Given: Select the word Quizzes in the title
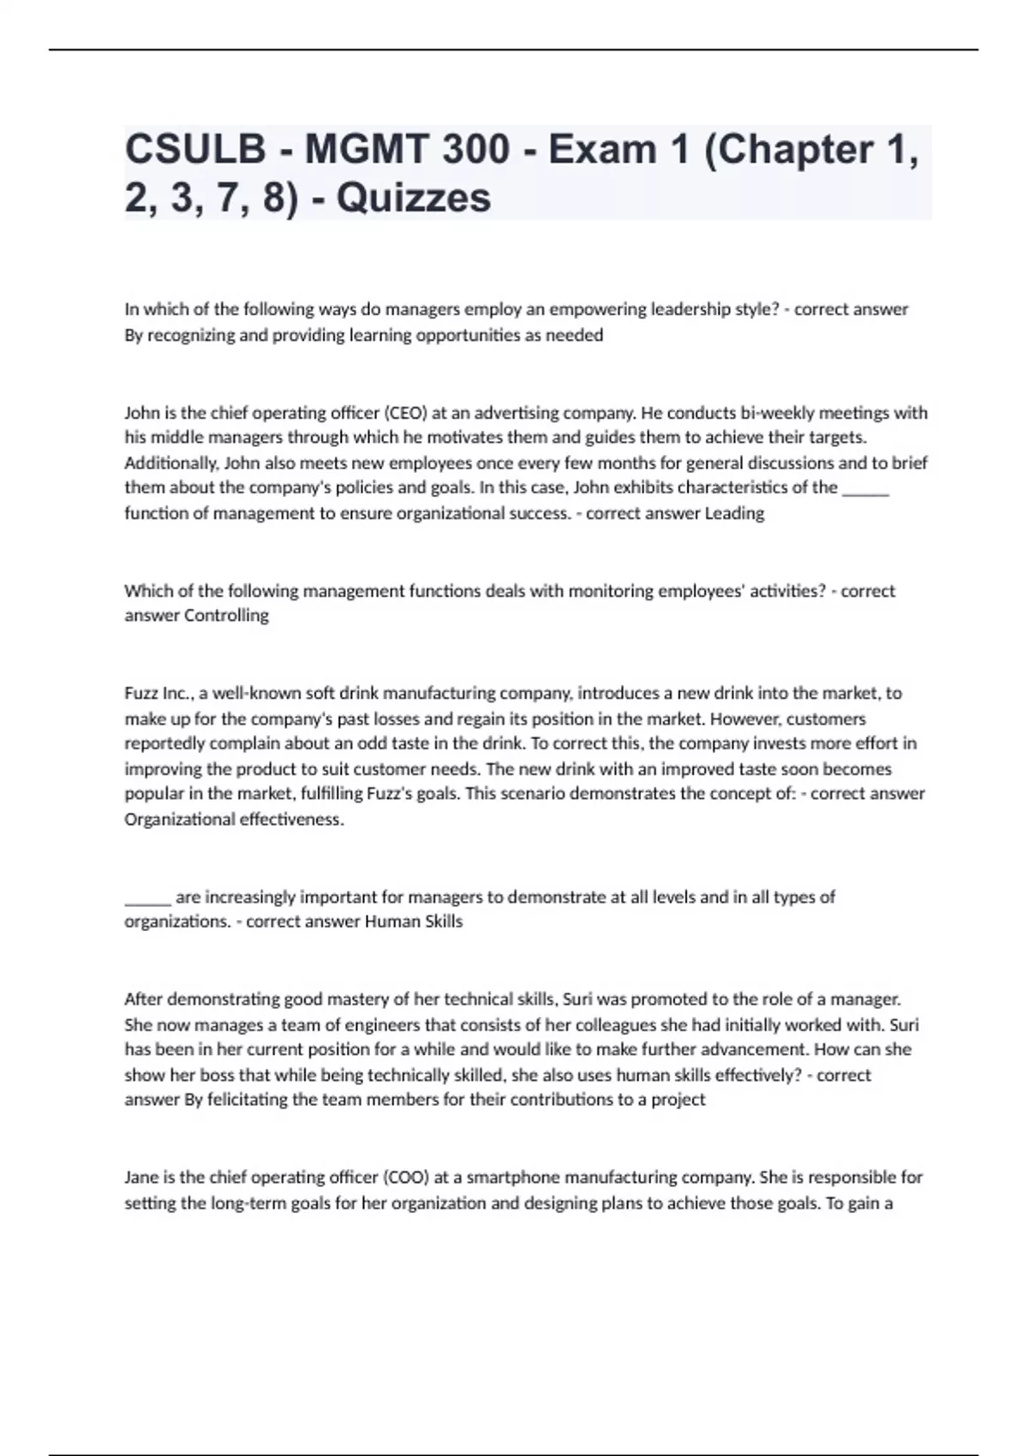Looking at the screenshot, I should click(x=414, y=199).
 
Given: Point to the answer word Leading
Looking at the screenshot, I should click(x=734, y=513).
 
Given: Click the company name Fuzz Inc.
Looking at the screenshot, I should click(x=158, y=693).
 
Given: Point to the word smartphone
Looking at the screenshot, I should click(x=506, y=1178).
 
